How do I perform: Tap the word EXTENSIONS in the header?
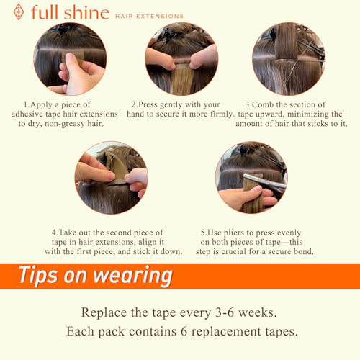(162, 15)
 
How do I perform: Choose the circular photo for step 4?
(111, 177)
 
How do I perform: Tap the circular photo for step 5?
(251, 177)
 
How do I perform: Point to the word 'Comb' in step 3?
(271, 105)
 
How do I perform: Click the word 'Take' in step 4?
(75, 233)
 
